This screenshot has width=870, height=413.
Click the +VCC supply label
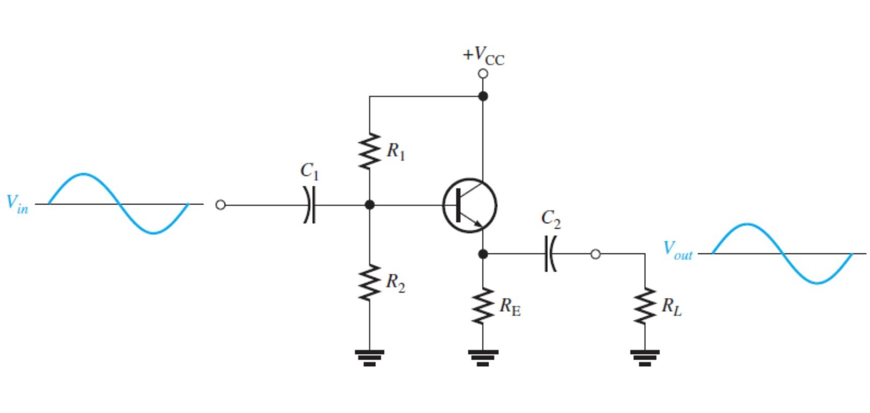click(483, 57)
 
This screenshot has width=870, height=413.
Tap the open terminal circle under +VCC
click(483, 74)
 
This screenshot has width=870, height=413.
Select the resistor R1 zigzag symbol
click(369, 151)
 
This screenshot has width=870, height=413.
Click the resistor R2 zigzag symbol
click(369, 283)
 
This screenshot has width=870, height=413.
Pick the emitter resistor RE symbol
click(483, 306)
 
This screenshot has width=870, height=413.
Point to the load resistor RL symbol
click(645, 306)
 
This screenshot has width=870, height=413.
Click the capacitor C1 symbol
click(309, 204)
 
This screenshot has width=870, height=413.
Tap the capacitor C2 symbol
click(550, 254)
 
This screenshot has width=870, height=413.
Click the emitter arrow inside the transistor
click(473, 221)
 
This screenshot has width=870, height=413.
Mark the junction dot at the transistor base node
click(370, 204)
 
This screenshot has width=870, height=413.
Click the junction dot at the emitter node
click(483, 254)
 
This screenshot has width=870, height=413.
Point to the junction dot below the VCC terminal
click(483, 96)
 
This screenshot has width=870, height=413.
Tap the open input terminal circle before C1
click(220, 204)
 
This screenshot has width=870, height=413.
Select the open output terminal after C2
click(595, 254)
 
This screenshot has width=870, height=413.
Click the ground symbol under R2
click(369, 358)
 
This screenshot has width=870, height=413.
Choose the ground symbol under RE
click(483, 358)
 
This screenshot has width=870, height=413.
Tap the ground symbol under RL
click(645, 358)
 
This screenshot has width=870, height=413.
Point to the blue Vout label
click(678, 251)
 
